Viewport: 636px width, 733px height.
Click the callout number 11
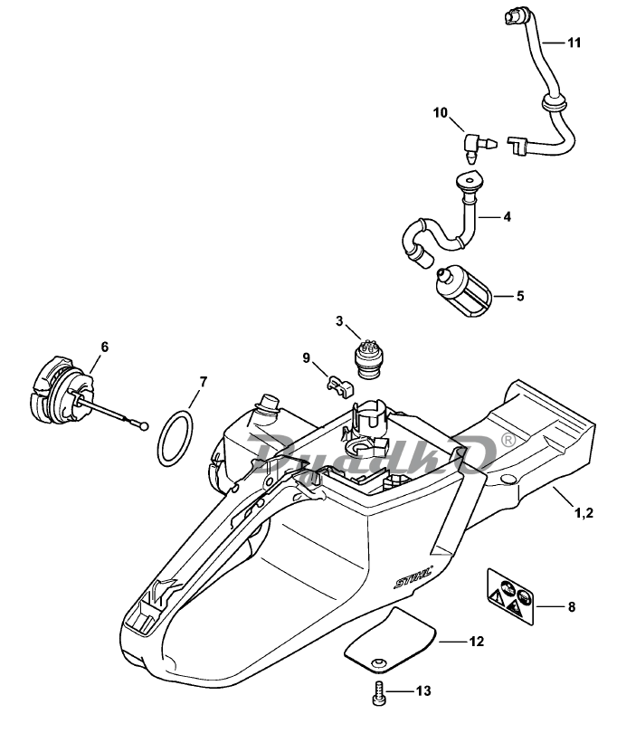point(574,43)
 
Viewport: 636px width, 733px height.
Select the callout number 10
point(441,112)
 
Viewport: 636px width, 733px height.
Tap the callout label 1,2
point(584,513)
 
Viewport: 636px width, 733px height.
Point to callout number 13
point(423,691)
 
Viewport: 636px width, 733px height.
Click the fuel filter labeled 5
point(463,291)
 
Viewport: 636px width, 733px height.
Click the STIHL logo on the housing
point(413,577)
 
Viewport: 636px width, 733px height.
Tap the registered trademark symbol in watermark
point(508,440)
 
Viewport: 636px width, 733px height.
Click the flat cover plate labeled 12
point(390,641)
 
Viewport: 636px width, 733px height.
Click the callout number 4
point(507,216)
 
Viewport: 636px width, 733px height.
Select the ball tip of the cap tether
point(144,426)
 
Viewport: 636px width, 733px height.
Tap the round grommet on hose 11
point(554,102)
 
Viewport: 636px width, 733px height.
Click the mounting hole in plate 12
point(377,663)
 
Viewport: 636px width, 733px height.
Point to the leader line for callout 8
point(550,606)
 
